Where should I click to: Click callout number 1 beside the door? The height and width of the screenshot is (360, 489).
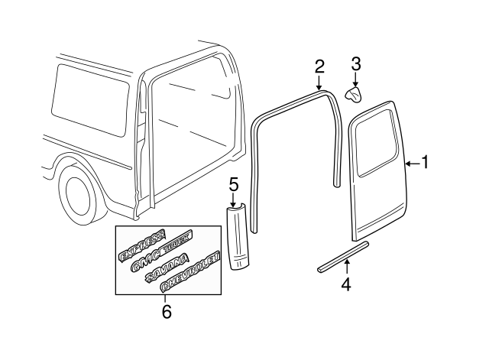[426, 162]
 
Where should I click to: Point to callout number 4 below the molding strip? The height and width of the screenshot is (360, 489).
[346, 284]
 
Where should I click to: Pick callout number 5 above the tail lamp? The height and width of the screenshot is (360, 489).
[234, 184]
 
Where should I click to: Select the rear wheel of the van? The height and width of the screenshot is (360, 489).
[80, 195]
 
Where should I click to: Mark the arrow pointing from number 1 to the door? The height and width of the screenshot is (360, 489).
[411, 162]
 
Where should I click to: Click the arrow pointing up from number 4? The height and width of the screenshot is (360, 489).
[346, 267]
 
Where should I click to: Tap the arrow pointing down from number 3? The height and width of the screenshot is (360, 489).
[355, 79]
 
